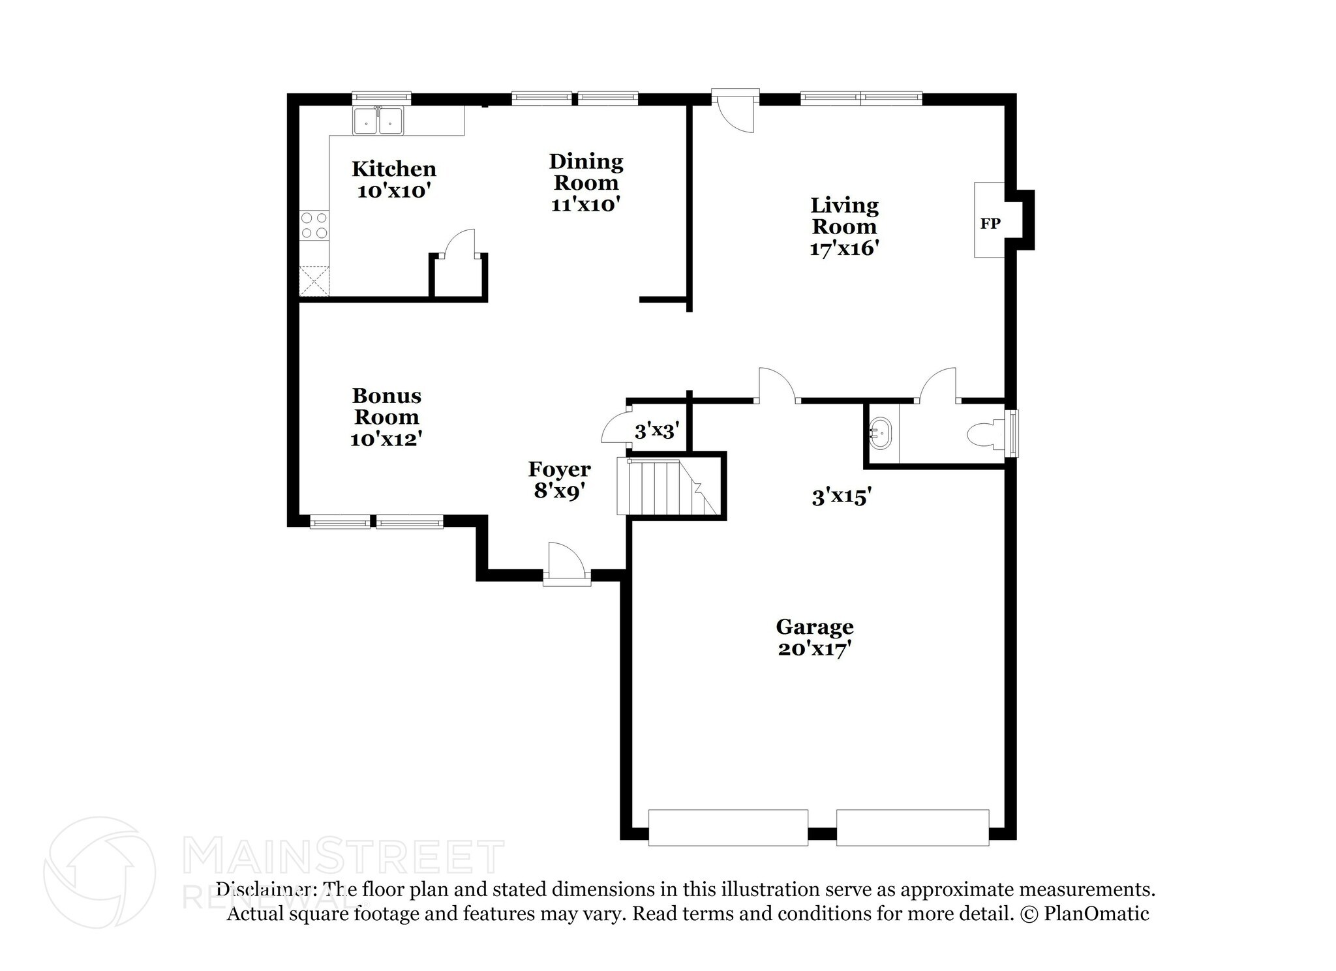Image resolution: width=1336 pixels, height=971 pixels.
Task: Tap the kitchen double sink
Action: tap(378, 121)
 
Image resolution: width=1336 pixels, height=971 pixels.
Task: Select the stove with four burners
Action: tap(314, 226)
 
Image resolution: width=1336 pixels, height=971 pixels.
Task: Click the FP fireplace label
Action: tap(990, 224)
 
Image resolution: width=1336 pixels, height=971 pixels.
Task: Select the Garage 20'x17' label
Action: tap(815, 638)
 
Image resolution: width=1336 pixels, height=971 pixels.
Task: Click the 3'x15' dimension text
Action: tap(842, 498)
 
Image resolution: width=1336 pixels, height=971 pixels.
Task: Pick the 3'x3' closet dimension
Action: tap(657, 430)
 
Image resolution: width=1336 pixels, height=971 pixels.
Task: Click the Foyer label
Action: tap(559, 469)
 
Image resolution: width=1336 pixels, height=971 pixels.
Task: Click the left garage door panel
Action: tap(728, 828)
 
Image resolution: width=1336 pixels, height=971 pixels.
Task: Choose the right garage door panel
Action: tap(913, 828)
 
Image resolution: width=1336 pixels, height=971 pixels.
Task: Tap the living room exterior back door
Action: tap(735, 111)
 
